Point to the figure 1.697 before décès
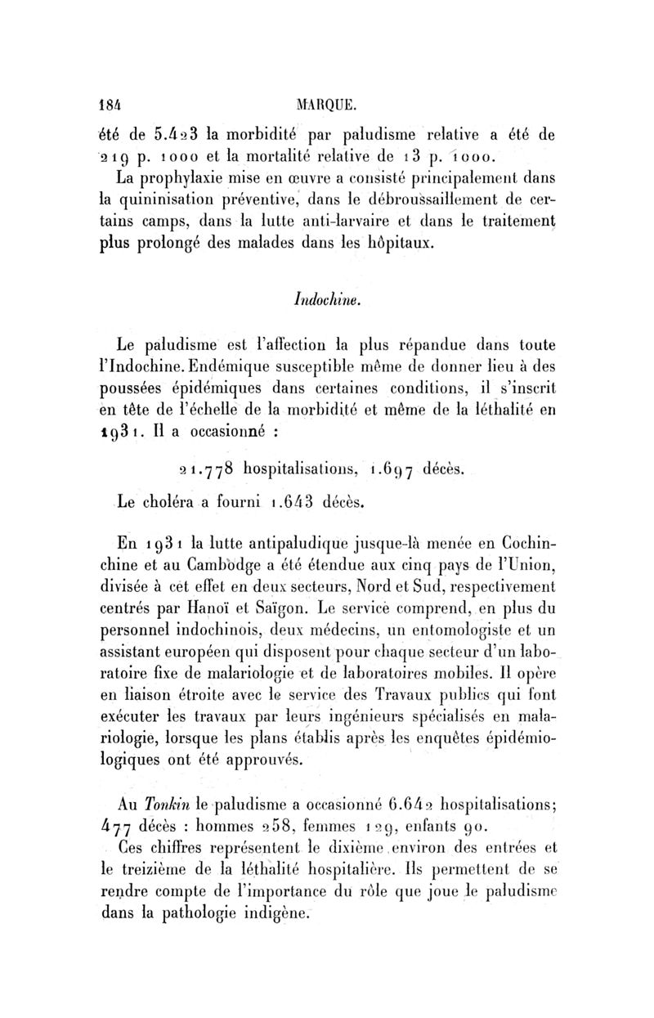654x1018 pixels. pos(395,469)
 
